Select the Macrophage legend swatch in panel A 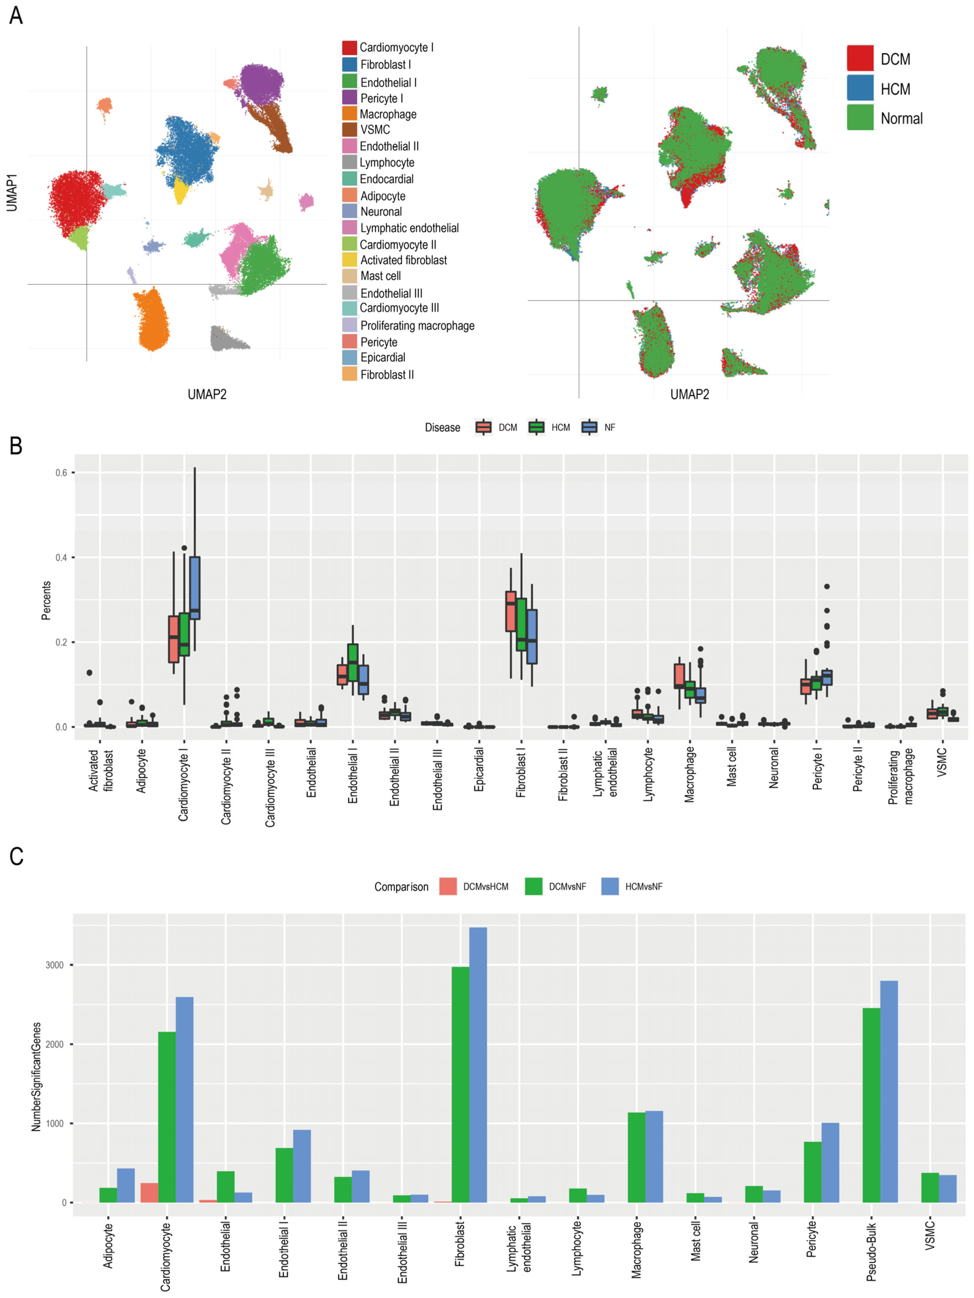click(349, 114)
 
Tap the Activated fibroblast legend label click(403, 260)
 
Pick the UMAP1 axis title click(12, 193)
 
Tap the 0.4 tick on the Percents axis click(61, 558)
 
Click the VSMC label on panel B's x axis click(942, 762)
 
